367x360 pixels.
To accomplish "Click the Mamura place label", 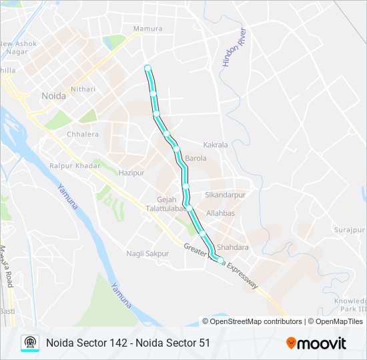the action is click(x=148, y=29).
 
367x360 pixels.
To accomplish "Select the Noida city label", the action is click(x=53, y=96).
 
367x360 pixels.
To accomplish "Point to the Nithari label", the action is click(x=83, y=89).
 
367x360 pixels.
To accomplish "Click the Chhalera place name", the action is click(x=83, y=134).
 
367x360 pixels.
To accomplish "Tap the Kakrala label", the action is click(x=216, y=145).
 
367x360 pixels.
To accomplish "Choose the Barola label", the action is click(x=196, y=159).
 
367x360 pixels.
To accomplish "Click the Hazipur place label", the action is click(x=131, y=173).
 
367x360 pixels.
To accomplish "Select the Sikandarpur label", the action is click(x=226, y=195).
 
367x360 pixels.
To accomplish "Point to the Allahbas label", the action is click(x=221, y=213).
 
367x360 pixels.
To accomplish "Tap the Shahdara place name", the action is click(x=233, y=247).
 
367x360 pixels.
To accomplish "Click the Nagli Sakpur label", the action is click(x=147, y=253).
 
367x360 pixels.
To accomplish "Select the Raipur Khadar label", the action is click(x=75, y=165).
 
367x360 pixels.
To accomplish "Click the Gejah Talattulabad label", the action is click(x=165, y=203).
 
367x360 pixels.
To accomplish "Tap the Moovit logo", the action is click(x=316, y=343).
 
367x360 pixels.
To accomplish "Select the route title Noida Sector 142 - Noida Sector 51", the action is click(x=128, y=343).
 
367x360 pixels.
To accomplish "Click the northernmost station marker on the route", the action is click(x=147, y=67).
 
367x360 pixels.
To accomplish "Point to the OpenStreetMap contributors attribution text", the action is click(x=256, y=321).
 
